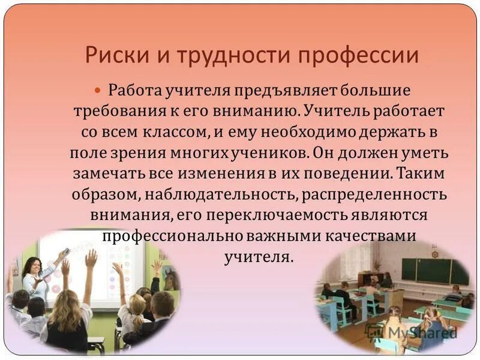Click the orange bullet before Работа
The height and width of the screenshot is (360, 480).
pos(99,90)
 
